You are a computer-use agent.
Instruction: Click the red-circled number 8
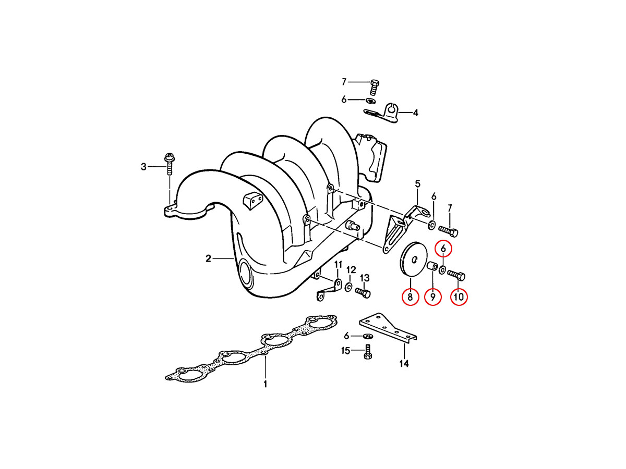tap(410, 297)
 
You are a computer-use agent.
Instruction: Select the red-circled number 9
tap(432, 297)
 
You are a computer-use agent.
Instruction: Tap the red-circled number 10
tap(459, 297)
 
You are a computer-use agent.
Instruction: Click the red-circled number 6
tap(443, 249)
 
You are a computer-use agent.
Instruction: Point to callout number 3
tap(143, 167)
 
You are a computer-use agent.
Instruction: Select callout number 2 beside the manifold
tap(209, 258)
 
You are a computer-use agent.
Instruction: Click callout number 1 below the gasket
tap(265, 384)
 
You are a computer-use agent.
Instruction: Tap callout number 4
tap(416, 113)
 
